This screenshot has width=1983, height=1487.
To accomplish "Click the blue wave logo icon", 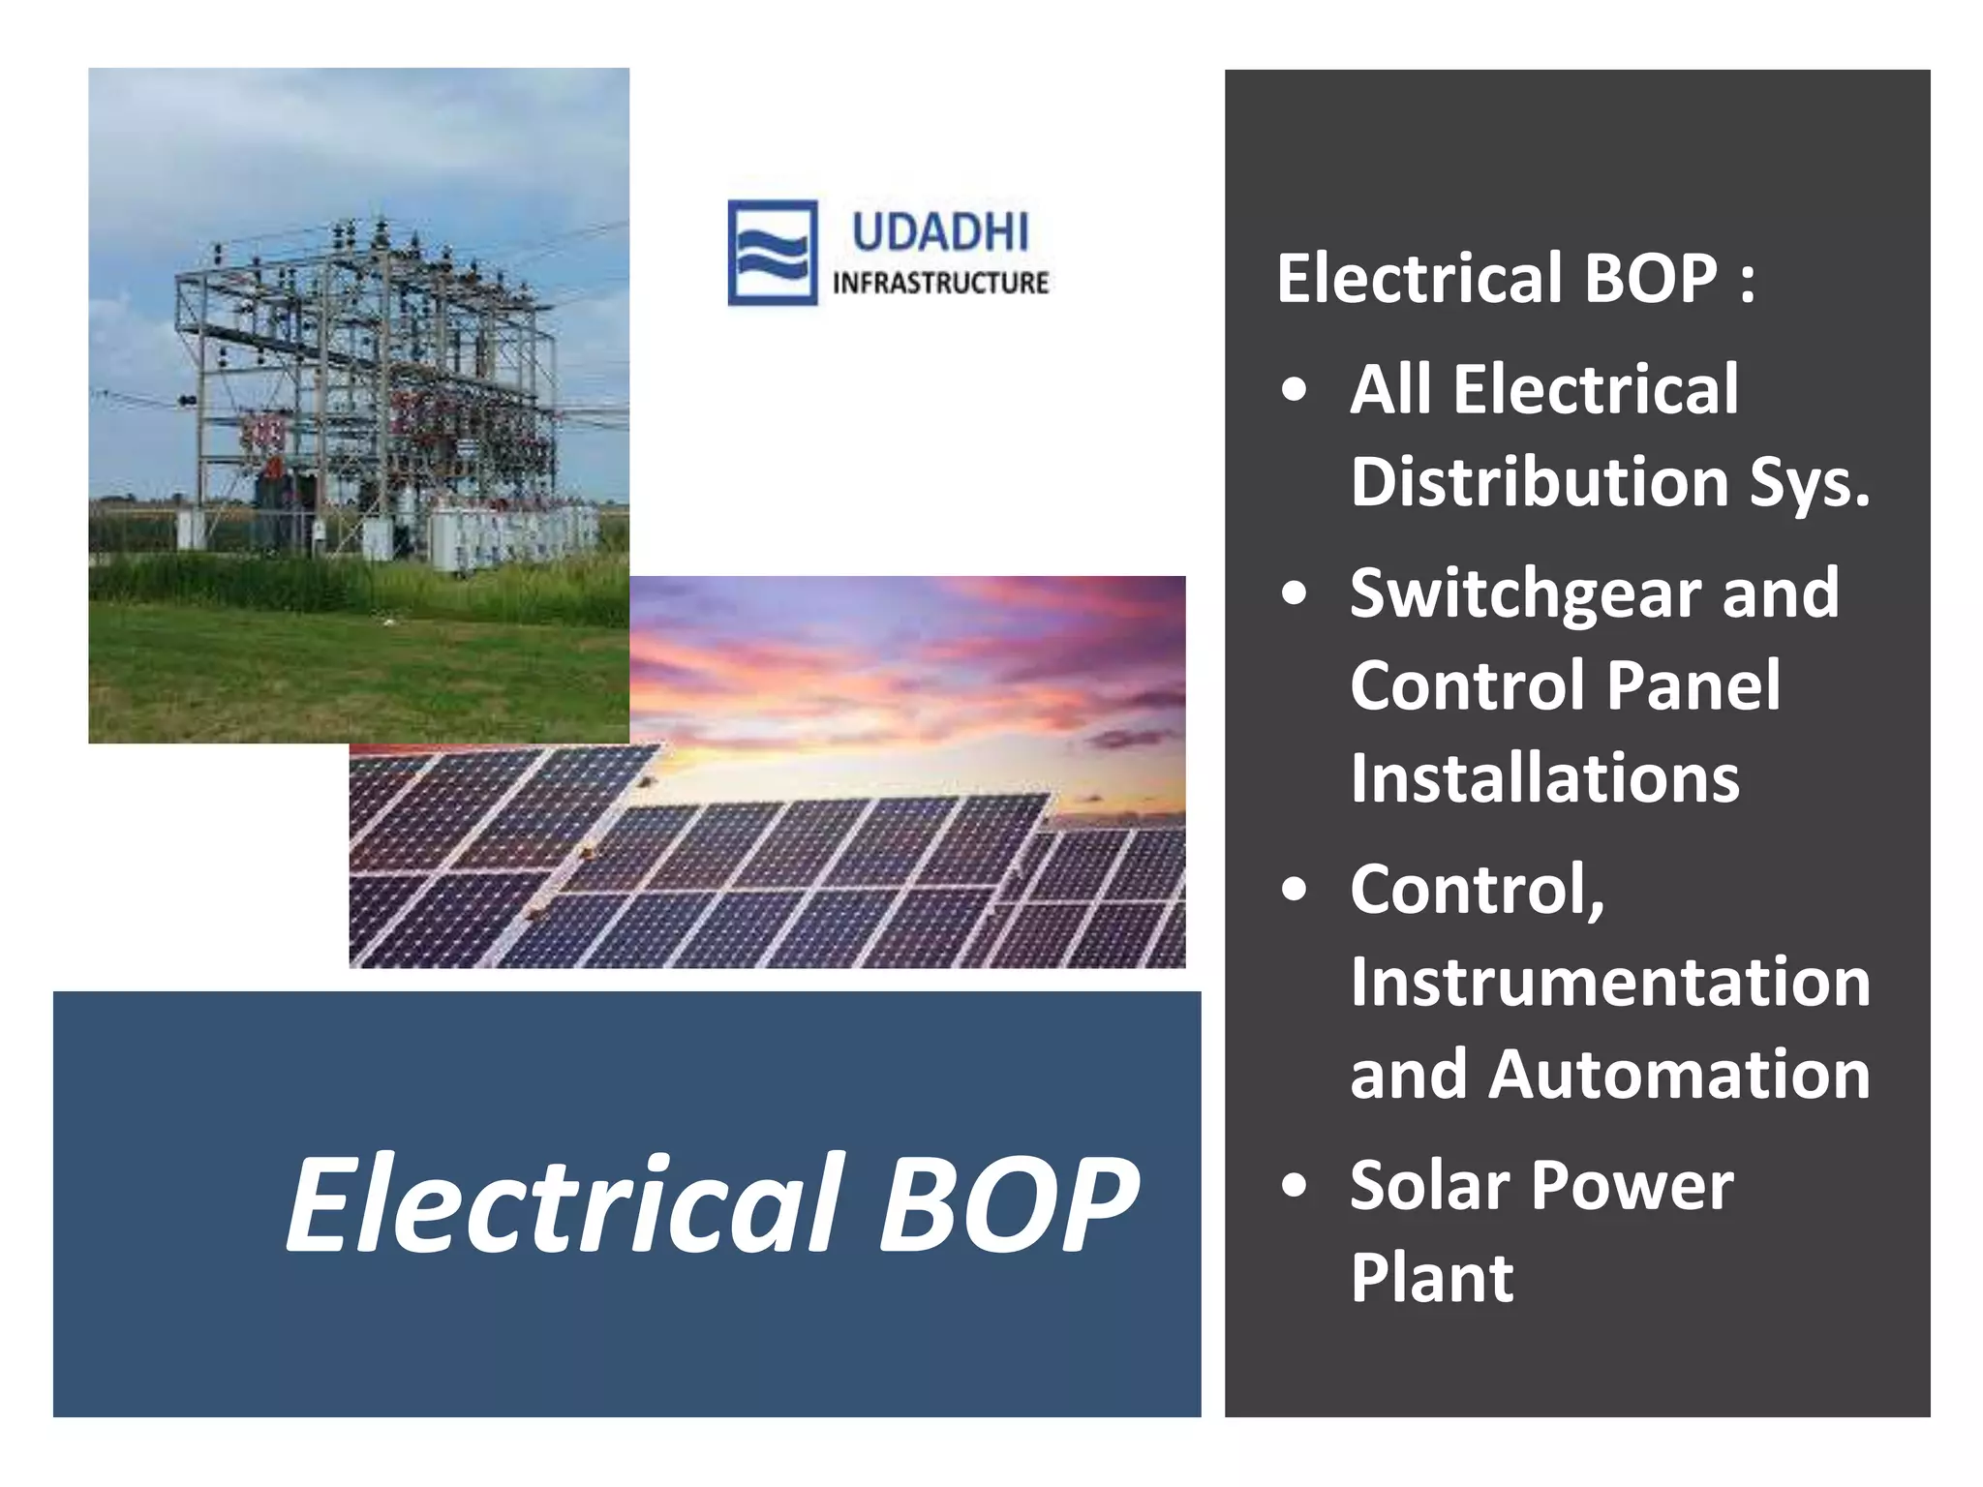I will tap(772, 253).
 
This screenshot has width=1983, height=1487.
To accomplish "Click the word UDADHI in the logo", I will tap(939, 233).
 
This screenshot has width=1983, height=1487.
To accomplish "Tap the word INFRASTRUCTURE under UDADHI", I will tap(940, 283).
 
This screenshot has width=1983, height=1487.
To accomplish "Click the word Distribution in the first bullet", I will tap(1540, 482).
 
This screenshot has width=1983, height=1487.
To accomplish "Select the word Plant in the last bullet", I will tap(1431, 1279).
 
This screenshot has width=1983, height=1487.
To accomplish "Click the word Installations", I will tap(1544, 778).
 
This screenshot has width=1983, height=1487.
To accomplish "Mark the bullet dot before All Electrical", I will tap(1294, 391).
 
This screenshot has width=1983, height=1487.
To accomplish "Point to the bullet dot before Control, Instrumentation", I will tap(1294, 891).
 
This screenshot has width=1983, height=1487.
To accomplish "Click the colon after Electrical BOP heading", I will tap(1746, 281).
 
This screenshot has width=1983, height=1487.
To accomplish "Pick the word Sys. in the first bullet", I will tap(1809, 482).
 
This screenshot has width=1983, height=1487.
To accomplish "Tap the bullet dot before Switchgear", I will tap(1294, 594).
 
